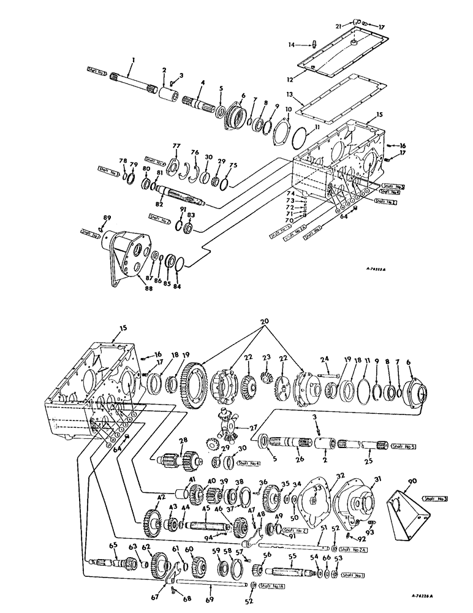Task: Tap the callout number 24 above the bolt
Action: click(325, 359)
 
